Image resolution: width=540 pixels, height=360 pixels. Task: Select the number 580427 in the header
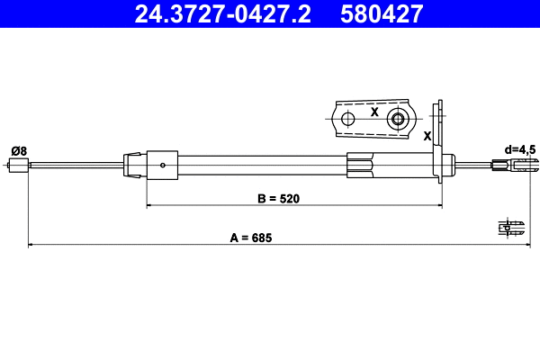tap(382, 13)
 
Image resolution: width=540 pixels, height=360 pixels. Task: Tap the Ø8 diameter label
tap(18, 150)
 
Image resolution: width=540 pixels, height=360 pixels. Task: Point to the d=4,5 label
tap(518, 149)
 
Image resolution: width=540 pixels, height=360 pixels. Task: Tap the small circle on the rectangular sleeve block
tap(162, 164)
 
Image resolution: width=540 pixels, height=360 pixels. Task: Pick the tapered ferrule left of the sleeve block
tap(134, 164)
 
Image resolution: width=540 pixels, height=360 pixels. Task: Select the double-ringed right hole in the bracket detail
tap(397, 119)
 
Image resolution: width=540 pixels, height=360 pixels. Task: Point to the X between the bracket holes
tap(373, 113)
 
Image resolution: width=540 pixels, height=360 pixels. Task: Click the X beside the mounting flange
tap(427, 135)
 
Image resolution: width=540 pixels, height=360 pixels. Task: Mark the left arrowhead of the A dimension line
tap(32, 244)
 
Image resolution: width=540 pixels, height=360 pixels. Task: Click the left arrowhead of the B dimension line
tap(149, 206)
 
